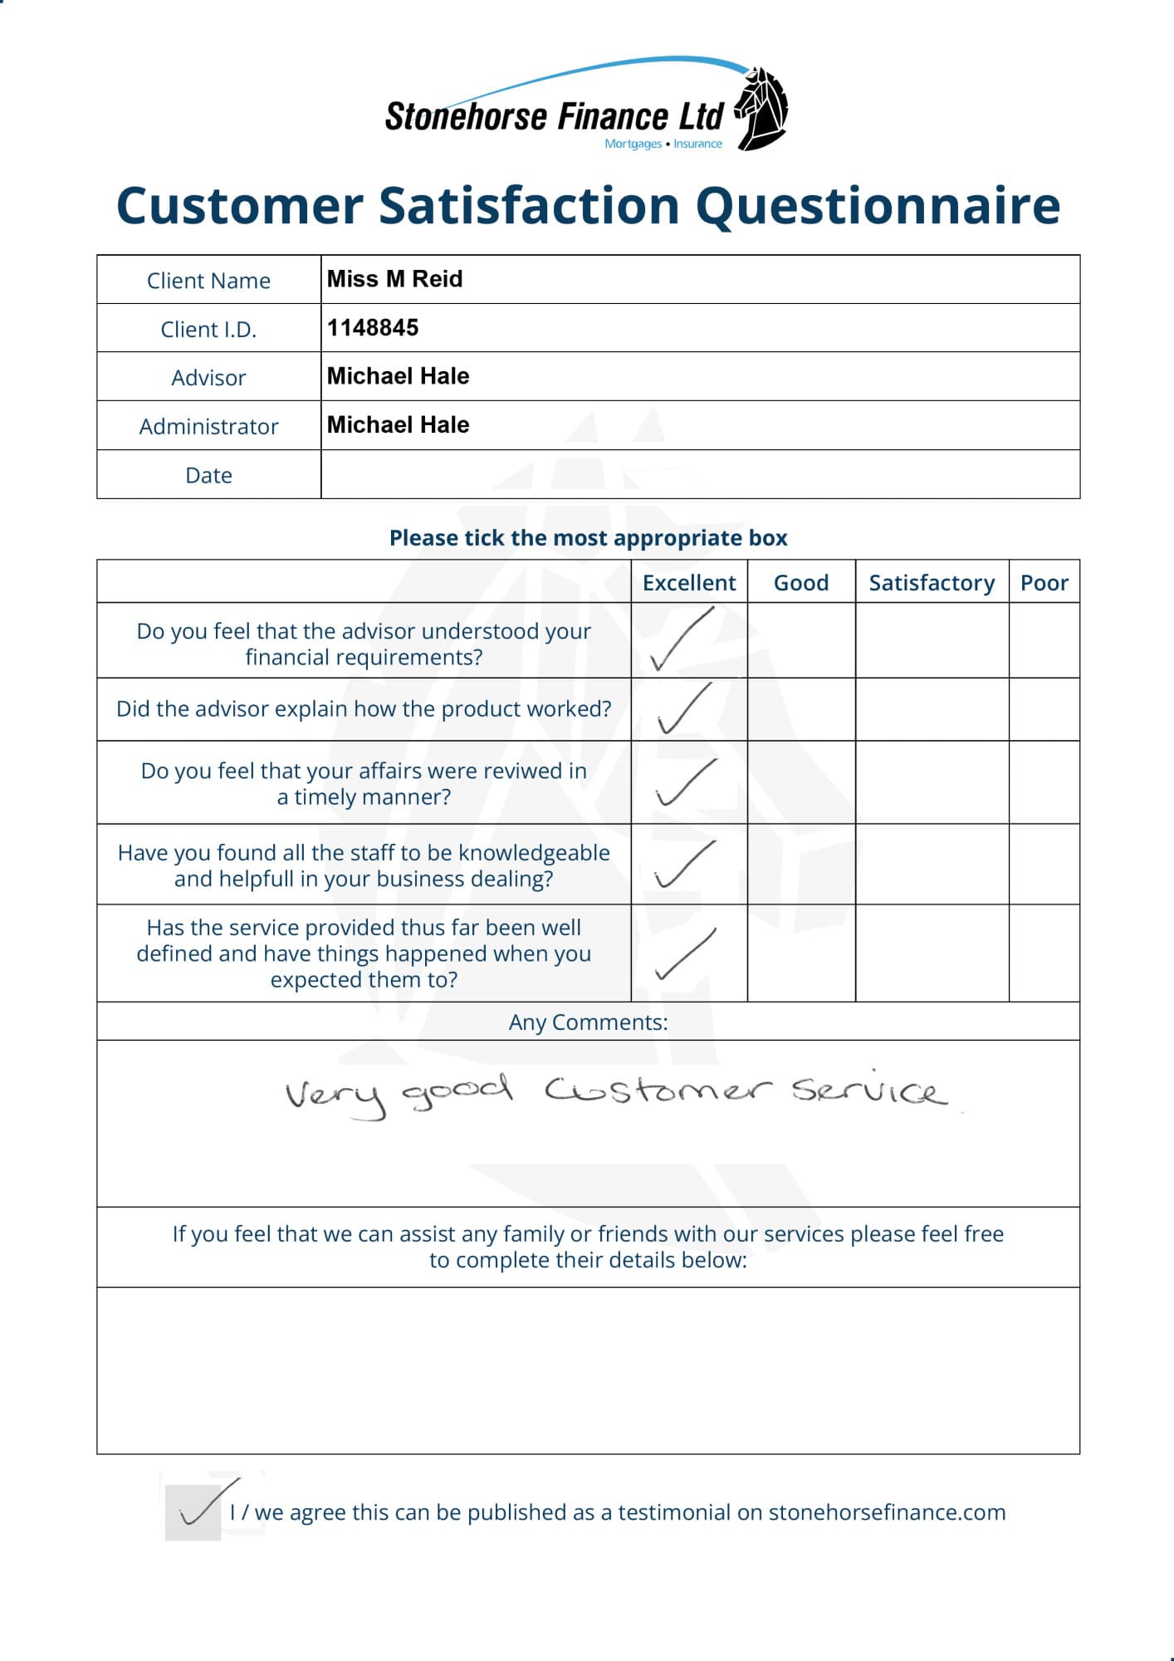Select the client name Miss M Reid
(x=394, y=279)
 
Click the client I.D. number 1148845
(x=373, y=328)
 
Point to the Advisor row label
(x=208, y=378)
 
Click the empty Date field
(x=699, y=475)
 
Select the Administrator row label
(x=208, y=427)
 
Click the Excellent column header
(x=689, y=583)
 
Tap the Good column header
(x=801, y=583)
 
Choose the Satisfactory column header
(x=932, y=583)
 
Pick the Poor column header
(x=1044, y=583)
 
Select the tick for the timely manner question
(x=685, y=782)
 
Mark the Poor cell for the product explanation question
(x=1044, y=709)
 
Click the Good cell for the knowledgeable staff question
(x=801, y=864)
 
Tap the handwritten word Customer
(x=658, y=1090)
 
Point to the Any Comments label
(x=588, y=1022)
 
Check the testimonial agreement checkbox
(x=193, y=1512)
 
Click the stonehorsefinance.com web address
(x=887, y=1512)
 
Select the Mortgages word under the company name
(x=633, y=144)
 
